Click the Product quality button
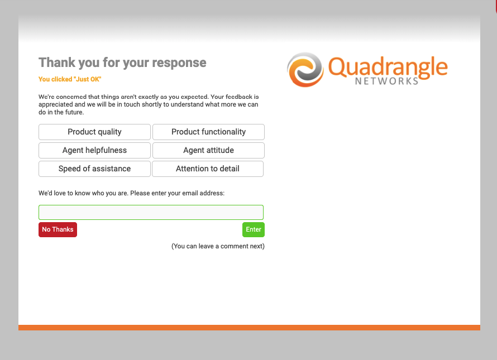coord(94,132)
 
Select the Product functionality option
coord(208,132)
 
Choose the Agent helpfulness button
coord(94,150)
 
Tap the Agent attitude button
coord(208,150)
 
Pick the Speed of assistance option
coord(94,169)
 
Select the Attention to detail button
coord(208,169)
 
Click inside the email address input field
coord(151,212)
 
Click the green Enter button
coord(254,229)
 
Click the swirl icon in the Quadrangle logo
coord(305,70)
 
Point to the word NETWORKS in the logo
coord(386,81)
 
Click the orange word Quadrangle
coord(388,68)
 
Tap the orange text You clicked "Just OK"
coord(70,79)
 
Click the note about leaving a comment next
coord(218,246)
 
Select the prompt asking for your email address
coord(132,193)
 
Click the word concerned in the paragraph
coord(71,97)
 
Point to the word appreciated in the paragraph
coord(56,104)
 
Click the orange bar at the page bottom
coord(249,328)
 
